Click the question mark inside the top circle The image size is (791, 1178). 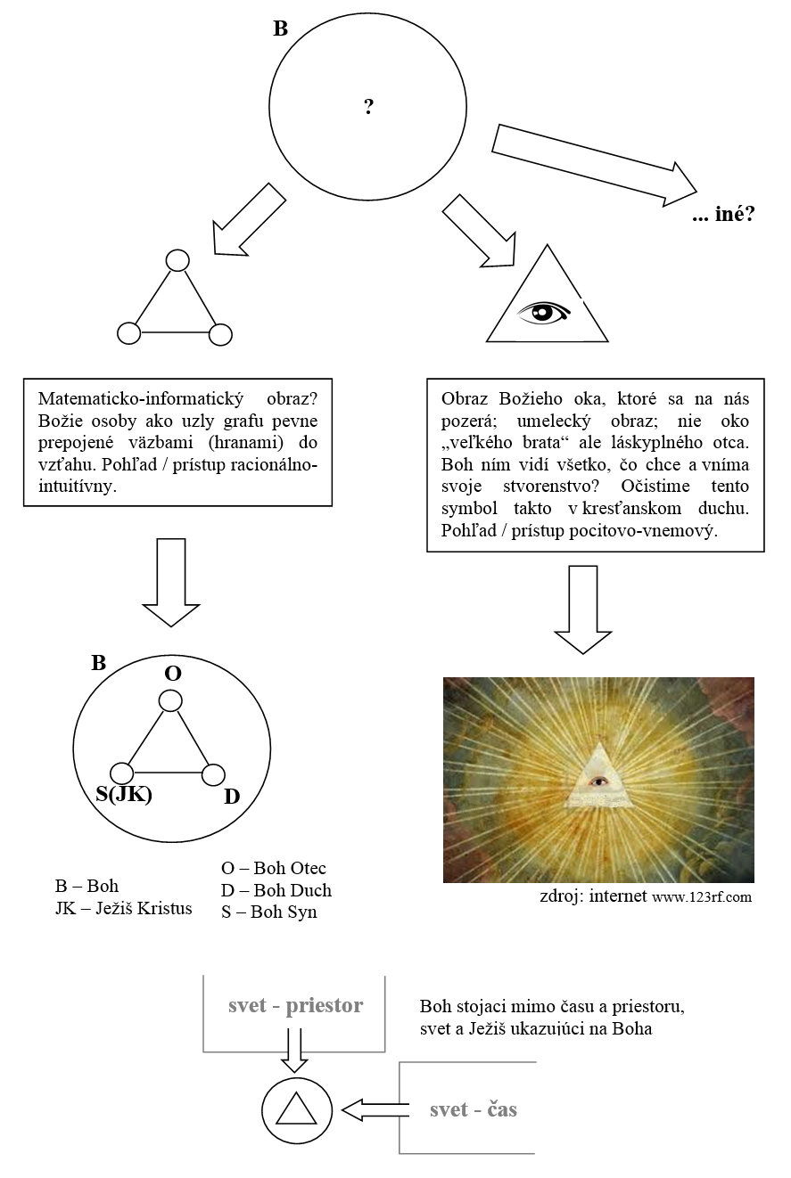[x=368, y=108]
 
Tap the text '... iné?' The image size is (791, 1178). [x=722, y=215]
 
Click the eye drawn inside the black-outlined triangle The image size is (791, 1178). [x=546, y=312]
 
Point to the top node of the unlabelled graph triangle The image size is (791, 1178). [x=177, y=260]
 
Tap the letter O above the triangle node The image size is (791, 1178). [x=173, y=674]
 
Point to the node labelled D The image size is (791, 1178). [x=213, y=774]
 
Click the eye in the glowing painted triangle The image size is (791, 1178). [x=600, y=781]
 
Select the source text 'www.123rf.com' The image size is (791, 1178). [x=701, y=897]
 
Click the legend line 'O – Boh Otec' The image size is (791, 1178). [x=274, y=868]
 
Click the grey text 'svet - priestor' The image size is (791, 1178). [x=295, y=1005]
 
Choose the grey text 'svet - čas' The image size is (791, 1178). [x=473, y=1109]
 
